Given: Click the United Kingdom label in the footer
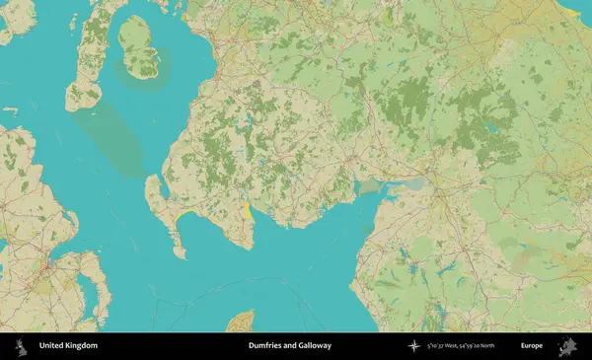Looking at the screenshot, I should click(x=68, y=346).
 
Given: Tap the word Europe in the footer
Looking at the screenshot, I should click(x=532, y=346).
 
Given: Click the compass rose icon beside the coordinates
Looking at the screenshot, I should click(x=414, y=346).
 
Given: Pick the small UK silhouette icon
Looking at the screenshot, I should click(x=21, y=346).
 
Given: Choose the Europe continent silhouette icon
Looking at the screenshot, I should click(x=568, y=346).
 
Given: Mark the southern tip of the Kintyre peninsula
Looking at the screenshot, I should click(x=75, y=107).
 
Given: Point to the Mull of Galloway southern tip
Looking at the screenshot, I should click(x=180, y=255).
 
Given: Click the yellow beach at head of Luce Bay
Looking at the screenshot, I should click(x=184, y=213).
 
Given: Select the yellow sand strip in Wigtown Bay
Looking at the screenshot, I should click(x=246, y=209).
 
